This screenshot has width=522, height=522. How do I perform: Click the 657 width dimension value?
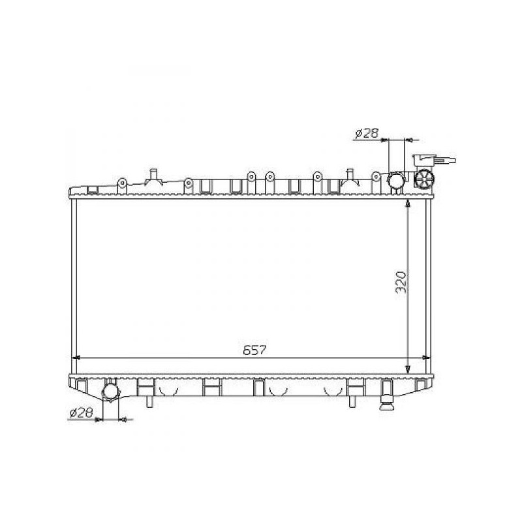(255, 350)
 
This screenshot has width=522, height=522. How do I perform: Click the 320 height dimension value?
(401, 282)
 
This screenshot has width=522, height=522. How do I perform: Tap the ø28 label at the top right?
(367, 134)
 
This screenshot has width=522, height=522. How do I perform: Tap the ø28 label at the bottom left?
(81, 413)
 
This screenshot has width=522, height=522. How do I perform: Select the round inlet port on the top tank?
(396, 181)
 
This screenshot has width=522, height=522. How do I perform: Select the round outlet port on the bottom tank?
(110, 391)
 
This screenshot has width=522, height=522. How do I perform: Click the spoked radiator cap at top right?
(424, 179)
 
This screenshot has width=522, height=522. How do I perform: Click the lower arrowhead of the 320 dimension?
(407, 369)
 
